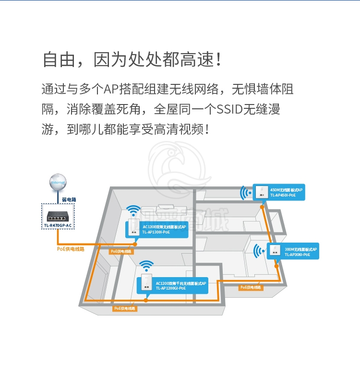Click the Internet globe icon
tap(58, 182)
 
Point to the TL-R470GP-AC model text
tap(58, 225)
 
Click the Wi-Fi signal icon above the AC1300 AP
tap(134, 211)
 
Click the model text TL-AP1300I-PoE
tap(156, 233)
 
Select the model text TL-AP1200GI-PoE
tap(170, 289)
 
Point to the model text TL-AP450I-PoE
tap(283, 196)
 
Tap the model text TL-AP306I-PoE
tap(297, 255)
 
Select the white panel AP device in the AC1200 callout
tap(145, 284)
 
